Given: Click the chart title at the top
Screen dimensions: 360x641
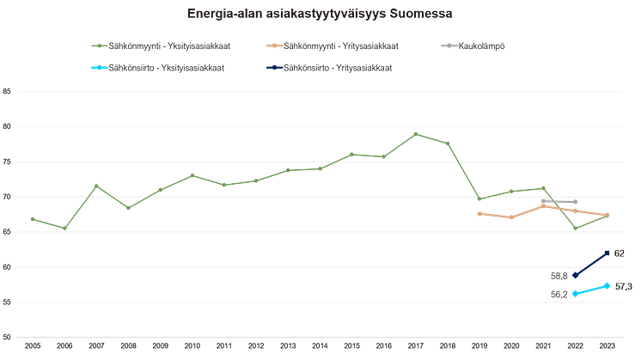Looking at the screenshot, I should pyautogui.click(x=320, y=14).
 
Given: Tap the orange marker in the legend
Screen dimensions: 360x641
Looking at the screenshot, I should pyautogui.click(x=274, y=46).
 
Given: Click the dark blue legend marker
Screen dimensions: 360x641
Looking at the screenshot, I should pyautogui.click(x=274, y=66).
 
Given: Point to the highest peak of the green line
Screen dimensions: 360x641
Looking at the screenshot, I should pyautogui.click(x=416, y=133).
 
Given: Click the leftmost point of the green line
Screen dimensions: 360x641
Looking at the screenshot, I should pyautogui.click(x=32, y=217).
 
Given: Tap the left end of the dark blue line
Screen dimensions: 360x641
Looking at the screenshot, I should pyautogui.click(x=575, y=274).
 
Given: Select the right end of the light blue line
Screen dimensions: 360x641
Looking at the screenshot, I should pyautogui.click(x=607, y=284).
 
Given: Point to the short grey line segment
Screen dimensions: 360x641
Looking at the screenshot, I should pyautogui.click(x=559, y=203).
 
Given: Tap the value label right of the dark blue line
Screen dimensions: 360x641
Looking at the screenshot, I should pyautogui.click(x=620, y=253).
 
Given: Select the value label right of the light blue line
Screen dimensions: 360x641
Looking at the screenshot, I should pyautogui.click(x=623, y=286).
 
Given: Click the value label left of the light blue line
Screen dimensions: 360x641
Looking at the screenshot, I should pyautogui.click(x=558, y=296).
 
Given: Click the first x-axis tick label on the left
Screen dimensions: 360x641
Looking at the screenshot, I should pyautogui.click(x=32, y=347).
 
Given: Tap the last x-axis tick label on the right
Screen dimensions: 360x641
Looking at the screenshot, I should pyautogui.click(x=607, y=347).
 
